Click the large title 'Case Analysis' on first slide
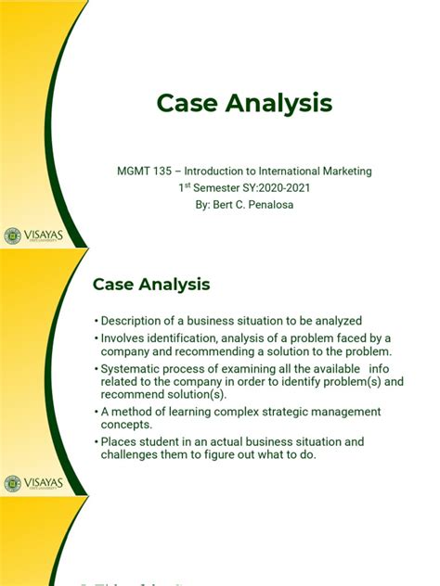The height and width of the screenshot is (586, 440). click(x=243, y=104)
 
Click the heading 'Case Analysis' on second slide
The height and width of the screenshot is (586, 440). click(x=151, y=284)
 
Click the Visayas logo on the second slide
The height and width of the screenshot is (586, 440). click(x=33, y=484)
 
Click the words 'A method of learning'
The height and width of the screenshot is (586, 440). click(x=153, y=412)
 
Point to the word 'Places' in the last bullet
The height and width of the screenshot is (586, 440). click(x=118, y=441)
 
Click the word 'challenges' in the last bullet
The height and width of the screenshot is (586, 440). click(x=131, y=454)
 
